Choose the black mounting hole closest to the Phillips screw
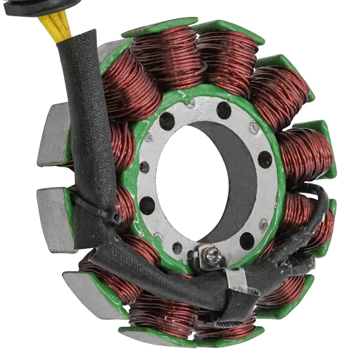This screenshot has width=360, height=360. [247, 240]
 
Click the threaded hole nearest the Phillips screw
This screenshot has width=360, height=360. [177, 247]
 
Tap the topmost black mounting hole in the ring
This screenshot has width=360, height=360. [224, 110]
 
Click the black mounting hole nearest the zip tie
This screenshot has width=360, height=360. [147, 205]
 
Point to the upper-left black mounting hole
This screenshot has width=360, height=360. [167, 121]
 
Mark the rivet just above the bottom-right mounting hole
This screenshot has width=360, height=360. [264, 224]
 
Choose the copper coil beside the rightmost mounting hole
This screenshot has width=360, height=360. [304, 154]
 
